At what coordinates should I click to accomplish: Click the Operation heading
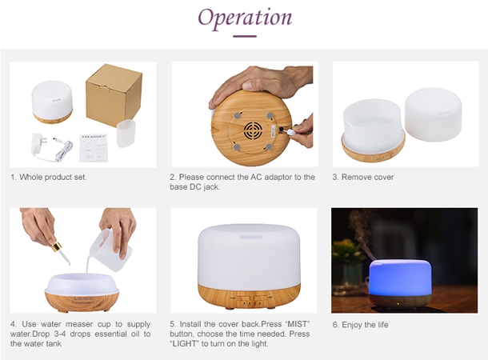click(244, 18)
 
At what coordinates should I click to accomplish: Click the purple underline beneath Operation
click(244, 36)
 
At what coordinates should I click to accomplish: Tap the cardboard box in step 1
click(114, 94)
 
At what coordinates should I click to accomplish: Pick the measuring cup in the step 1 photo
click(126, 133)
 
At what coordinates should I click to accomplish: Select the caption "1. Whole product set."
click(49, 177)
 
